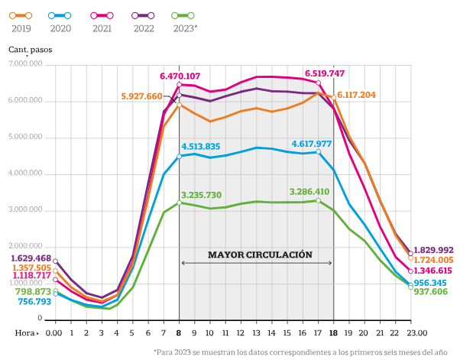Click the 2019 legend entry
[x=21, y=21]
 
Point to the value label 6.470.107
[x=180, y=76]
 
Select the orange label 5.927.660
[x=141, y=96]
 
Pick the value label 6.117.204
[x=356, y=95]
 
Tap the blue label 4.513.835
[x=201, y=147]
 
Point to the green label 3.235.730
[x=201, y=195]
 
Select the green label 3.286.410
[x=309, y=192]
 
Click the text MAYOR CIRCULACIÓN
[x=260, y=255]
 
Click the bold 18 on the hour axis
[x=333, y=332]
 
